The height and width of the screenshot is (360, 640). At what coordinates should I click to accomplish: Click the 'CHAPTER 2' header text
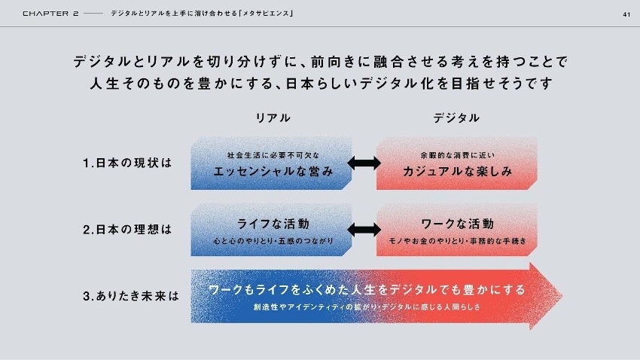[50, 14]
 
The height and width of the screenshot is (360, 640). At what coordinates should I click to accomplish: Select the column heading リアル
[273, 118]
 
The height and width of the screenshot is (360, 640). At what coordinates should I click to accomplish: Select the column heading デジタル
[456, 118]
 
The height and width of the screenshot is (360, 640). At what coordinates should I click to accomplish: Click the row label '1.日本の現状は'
[128, 163]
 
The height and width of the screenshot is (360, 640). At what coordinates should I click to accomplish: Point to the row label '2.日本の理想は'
[128, 230]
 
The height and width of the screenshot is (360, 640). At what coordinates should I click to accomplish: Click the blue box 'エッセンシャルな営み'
[271, 163]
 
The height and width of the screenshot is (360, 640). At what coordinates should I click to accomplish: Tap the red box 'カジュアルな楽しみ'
[457, 163]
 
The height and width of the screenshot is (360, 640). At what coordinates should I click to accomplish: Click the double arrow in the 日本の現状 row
[364, 163]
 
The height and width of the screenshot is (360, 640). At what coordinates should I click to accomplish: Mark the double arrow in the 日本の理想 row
[364, 230]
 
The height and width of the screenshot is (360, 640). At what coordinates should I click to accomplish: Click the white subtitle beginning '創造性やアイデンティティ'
[367, 307]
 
